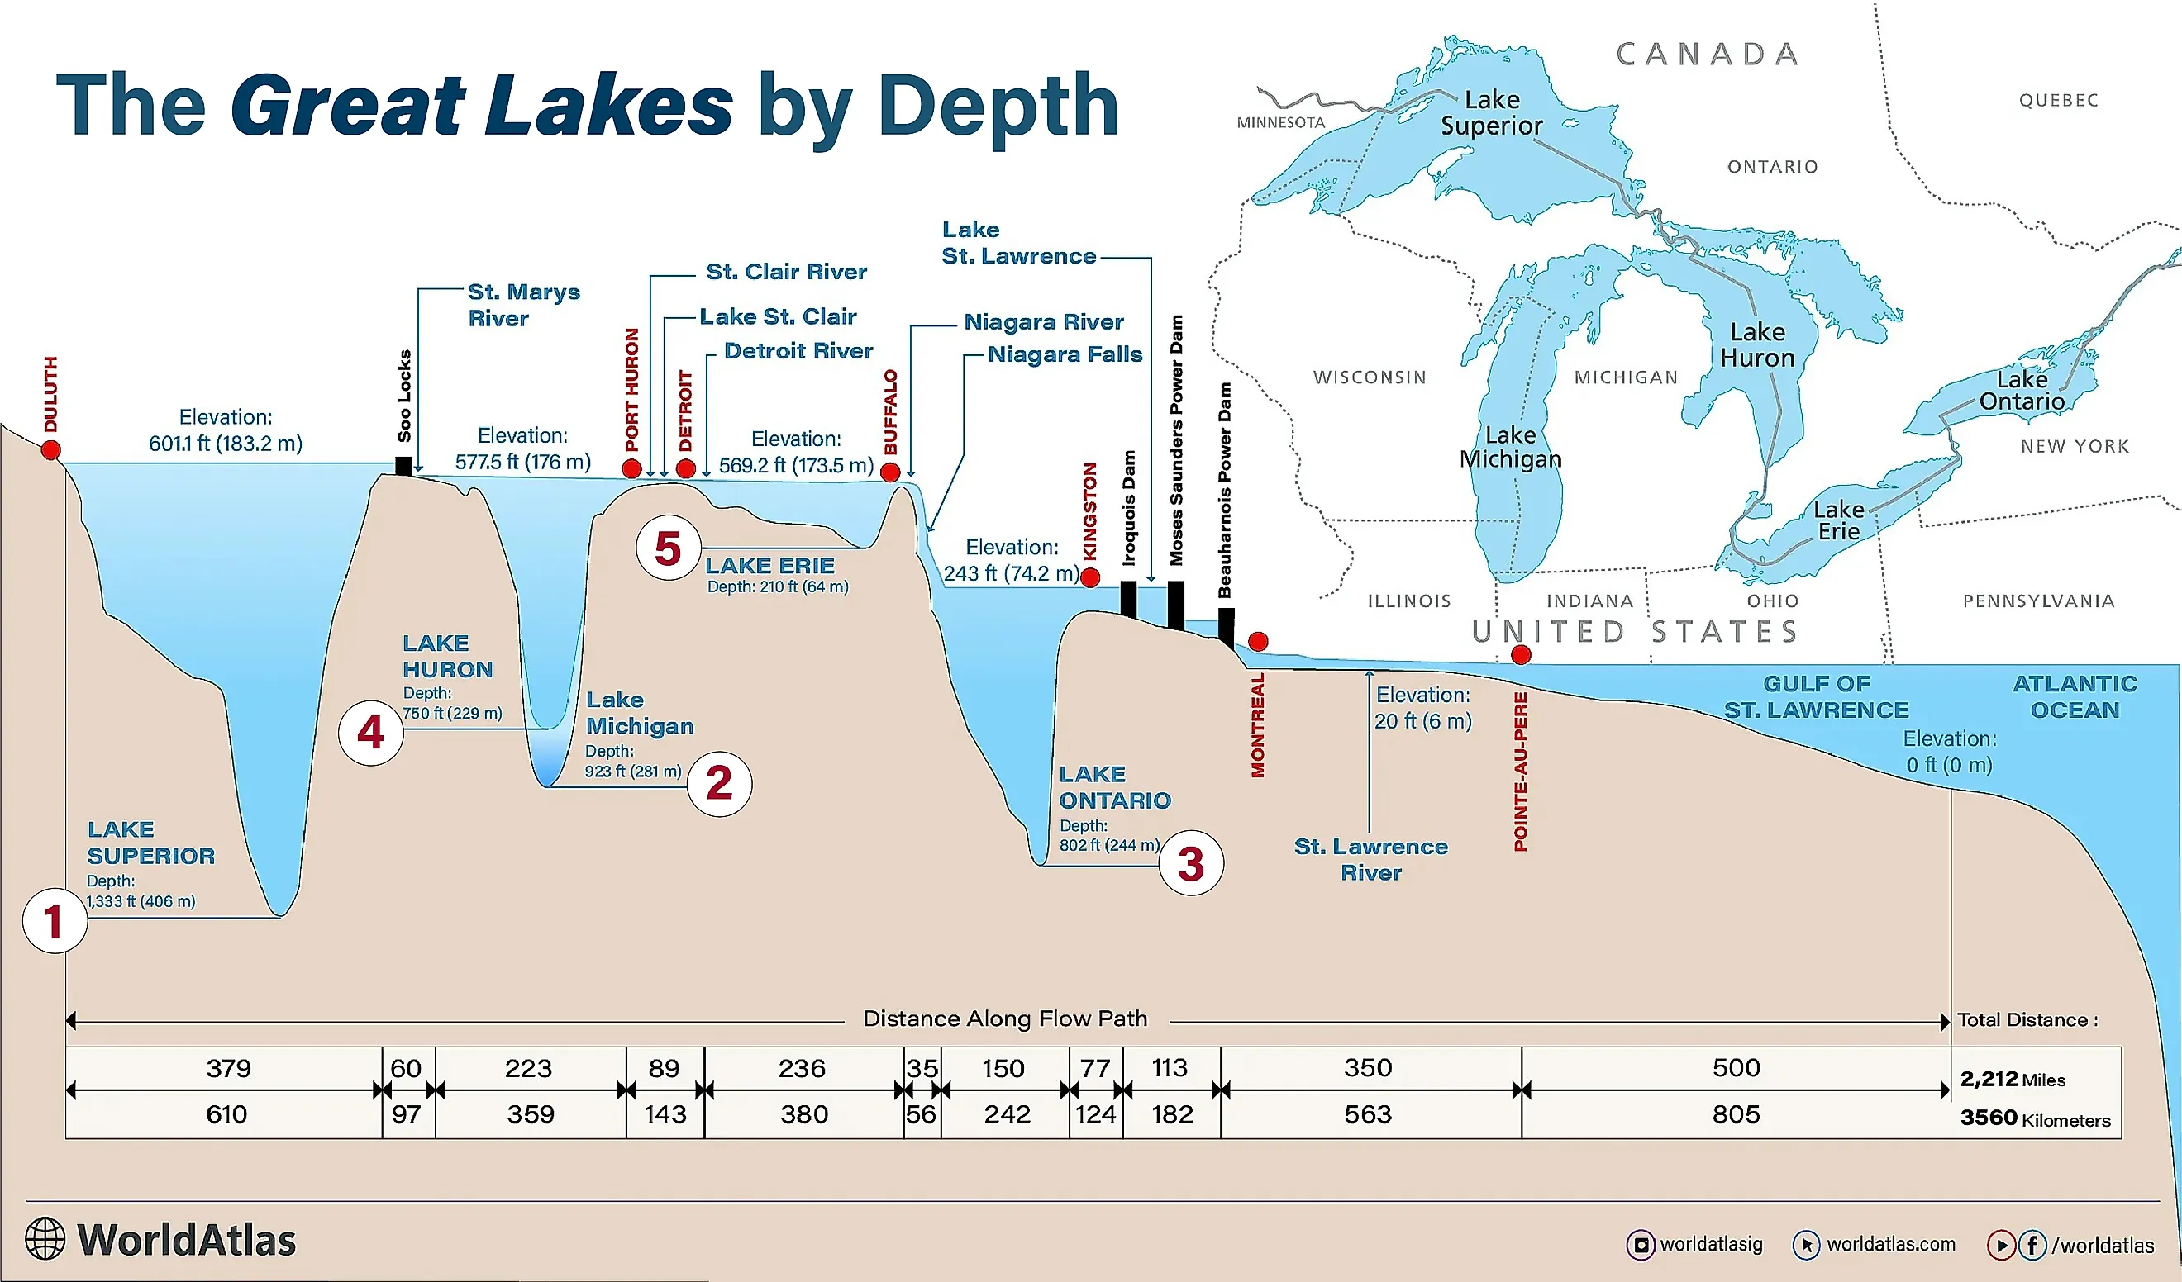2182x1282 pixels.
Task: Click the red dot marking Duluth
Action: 51,450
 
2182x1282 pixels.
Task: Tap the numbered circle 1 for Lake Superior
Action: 55,920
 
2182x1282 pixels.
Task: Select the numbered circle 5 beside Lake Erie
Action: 668,548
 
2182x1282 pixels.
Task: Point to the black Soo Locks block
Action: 403,466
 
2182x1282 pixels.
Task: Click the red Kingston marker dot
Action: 1091,577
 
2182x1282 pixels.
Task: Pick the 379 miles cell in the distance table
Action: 229,1068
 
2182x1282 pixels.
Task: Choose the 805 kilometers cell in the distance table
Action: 1735,1114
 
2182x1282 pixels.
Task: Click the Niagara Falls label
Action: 1065,354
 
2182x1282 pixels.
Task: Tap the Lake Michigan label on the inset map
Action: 1511,447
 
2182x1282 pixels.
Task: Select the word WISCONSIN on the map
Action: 1369,377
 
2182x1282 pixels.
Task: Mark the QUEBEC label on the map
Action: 2058,101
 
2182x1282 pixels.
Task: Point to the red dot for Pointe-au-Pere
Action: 1521,655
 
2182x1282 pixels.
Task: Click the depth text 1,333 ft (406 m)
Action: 141,901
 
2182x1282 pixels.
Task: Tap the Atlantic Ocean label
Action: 2074,697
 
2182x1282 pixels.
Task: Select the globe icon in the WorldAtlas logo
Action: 45,1239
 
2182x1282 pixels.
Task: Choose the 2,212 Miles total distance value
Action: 2012,1080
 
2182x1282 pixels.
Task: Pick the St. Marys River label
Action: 523,305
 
